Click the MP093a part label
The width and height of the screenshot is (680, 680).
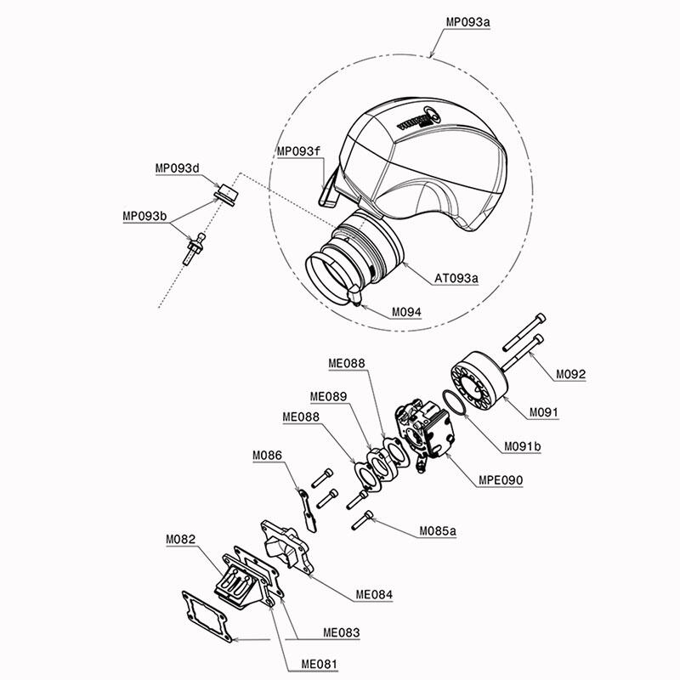click(x=468, y=22)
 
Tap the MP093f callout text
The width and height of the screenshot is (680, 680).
click(x=299, y=151)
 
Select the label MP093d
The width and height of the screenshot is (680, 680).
click(x=178, y=168)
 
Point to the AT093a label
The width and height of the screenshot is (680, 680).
click(x=456, y=278)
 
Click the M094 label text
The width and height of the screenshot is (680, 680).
click(x=406, y=312)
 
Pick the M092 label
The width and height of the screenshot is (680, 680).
click(x=570, y=374)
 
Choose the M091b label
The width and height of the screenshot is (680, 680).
click(x=523, y=446)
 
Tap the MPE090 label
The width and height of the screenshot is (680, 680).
click(x=501, y=480)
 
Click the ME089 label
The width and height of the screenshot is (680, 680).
click(x=328, y=396)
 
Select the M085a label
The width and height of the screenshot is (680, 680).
click(x=438, y=530)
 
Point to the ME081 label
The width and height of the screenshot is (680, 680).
click(x=320, y=664)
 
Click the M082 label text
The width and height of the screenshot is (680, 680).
click(x=181, y=540)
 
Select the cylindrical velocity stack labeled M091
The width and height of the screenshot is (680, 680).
click(x=479, y=382)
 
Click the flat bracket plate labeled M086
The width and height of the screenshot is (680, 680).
click(x=308, y=511)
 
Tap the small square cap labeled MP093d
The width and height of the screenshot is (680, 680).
click(x=227, y=194)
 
